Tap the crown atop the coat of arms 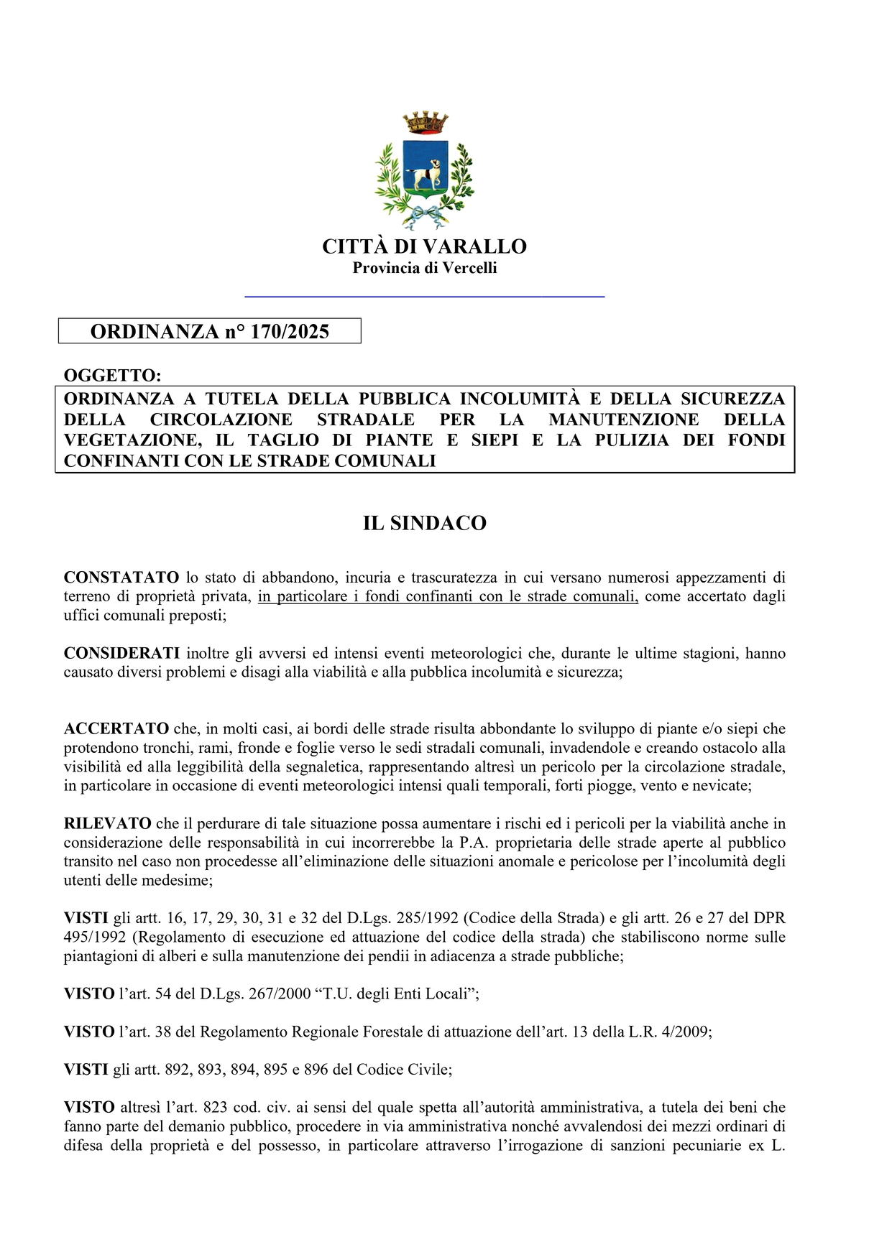tap(425, 123)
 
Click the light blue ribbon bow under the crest tap(424, 213)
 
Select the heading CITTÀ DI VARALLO tap(424, 247)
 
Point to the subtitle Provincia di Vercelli tap(424, 269)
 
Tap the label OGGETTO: tap(112, 376)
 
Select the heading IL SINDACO tap(424, 524)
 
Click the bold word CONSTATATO tap(121, 577)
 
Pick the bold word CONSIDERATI tap(121, 654)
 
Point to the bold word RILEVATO tap(107, 823)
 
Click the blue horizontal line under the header tap(424, 296)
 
